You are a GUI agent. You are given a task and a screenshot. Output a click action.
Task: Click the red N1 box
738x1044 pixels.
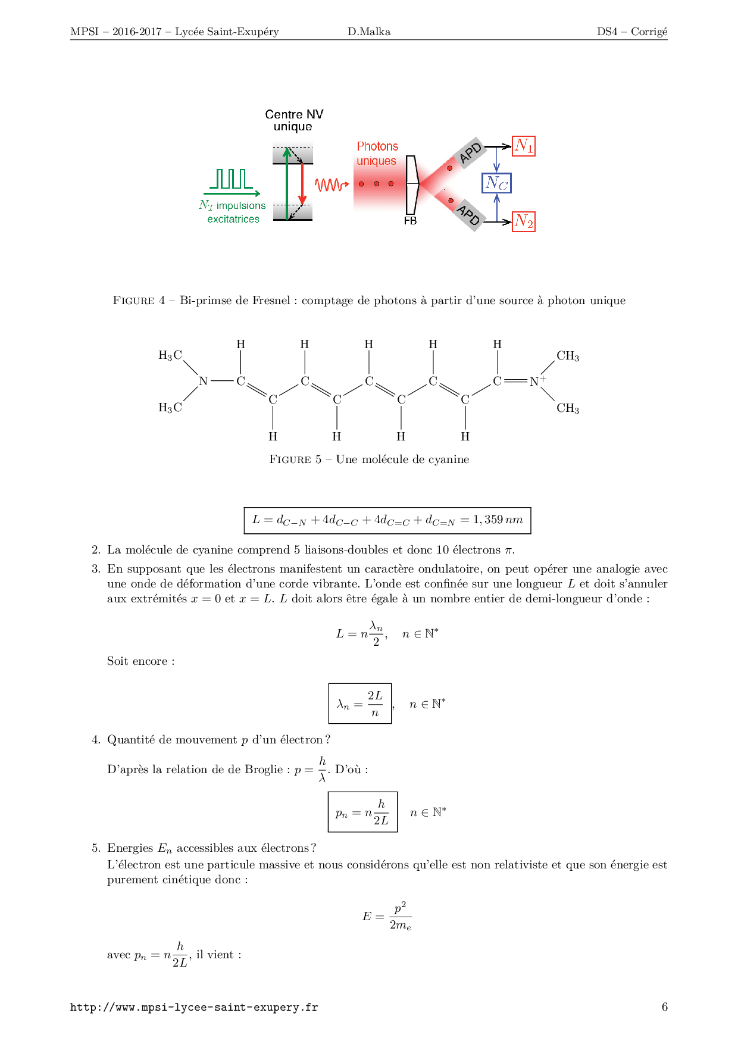click(x=524, y=146)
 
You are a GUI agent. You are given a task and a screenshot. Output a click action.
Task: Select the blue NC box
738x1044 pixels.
click(x=496, y=183)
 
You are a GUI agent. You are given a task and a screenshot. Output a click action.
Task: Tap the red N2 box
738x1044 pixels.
click(x=524, y=222)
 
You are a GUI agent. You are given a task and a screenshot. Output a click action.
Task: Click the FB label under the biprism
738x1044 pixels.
click(x=410, y=221)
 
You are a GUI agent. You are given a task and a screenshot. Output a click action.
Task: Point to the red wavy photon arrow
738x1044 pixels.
click(x=332, y=185)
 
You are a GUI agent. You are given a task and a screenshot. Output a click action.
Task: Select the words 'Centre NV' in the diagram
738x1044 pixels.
click(x=294, y=114)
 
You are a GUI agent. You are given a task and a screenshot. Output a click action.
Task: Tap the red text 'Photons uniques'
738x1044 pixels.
click(x=377, y=154)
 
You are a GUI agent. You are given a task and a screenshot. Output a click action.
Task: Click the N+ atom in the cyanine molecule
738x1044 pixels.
click(x=537, y=381)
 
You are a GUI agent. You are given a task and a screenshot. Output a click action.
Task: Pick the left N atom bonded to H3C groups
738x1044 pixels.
click(x=204, y=381)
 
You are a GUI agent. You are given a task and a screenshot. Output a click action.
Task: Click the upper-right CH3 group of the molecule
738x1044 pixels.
click(x=568, y=356)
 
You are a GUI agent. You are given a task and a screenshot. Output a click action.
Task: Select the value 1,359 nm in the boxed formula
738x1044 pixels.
click(x=498, y=520)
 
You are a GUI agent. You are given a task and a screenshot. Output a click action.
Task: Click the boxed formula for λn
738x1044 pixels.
click(x=360, y=704)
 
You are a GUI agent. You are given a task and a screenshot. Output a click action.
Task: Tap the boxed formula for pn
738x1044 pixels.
click(x=362, y=812)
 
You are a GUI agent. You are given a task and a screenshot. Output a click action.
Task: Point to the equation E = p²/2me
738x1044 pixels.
click(x=387, y=916)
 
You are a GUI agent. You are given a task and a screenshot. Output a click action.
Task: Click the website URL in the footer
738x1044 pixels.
click(x=194, y=1007)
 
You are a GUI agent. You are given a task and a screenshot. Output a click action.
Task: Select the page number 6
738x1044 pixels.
click(x=664, y=1007)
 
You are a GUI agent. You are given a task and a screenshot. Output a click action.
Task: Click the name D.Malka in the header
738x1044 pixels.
click(x=369, y=32)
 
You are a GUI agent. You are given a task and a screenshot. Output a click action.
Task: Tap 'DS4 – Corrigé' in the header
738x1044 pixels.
click(x=632, y=32)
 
